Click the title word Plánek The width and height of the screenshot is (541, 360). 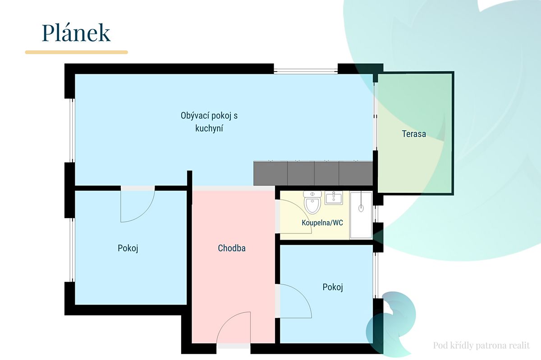[76, 33]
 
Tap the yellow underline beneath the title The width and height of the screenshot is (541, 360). [76, 52]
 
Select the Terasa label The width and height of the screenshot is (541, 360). [414, 134]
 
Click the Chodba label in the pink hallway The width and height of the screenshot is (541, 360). [232, 248]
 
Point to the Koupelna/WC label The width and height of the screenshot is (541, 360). [322, 223]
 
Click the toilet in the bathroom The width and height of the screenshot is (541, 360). [312, 202]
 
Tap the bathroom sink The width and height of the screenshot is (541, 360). [334, 198]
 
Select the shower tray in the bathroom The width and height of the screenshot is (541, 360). [361, 215]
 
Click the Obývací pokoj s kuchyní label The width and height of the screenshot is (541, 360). [209, 122]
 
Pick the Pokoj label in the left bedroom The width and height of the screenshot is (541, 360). [128, 248]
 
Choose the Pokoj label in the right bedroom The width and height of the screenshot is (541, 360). [333, 287]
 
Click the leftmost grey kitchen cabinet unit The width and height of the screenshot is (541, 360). [270, 173]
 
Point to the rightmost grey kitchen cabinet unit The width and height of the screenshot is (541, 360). [356, 173]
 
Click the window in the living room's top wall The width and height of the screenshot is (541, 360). [306, 71]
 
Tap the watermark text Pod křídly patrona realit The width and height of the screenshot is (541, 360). [481, 346]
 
